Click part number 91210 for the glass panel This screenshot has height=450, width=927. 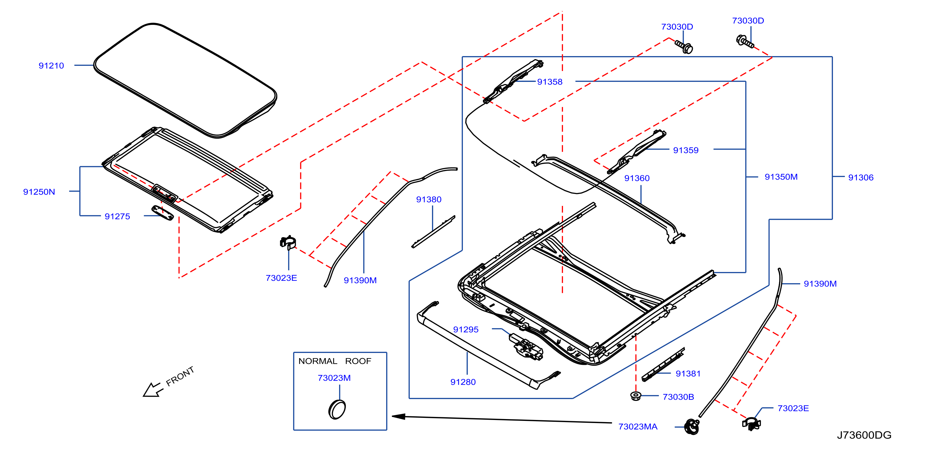tap(51, 65)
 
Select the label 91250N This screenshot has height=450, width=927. tap(39, 192)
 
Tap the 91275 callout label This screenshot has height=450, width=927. tap(117, 216)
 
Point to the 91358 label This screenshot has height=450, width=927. tap(550, 82)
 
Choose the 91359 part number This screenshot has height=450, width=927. tap(686, 150)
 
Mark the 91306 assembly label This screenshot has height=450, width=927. tap(861, 177)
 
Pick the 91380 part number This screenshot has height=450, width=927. tap(429, 199)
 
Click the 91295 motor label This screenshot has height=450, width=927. tap(466, 330)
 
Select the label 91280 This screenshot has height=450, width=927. tap(463, 382)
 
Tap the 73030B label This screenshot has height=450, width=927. tap(678, 397)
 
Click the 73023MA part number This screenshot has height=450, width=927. tap(638, 427)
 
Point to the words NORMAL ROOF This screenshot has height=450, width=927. tap(335, 361)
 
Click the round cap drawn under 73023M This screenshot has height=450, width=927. tap(337, 409)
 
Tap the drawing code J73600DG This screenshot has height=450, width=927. tap(864, 435)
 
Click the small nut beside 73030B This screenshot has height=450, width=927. tap(636, 396)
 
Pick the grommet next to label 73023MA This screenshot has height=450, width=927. tap(692, 427)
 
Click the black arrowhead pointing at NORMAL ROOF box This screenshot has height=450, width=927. tap(398, 417)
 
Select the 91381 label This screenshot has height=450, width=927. tap(688, 373)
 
